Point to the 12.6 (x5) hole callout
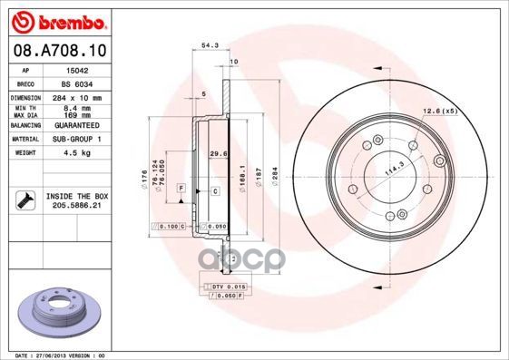[438, 111]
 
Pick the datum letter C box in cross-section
[215, 191]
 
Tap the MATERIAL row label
[24, 139]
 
